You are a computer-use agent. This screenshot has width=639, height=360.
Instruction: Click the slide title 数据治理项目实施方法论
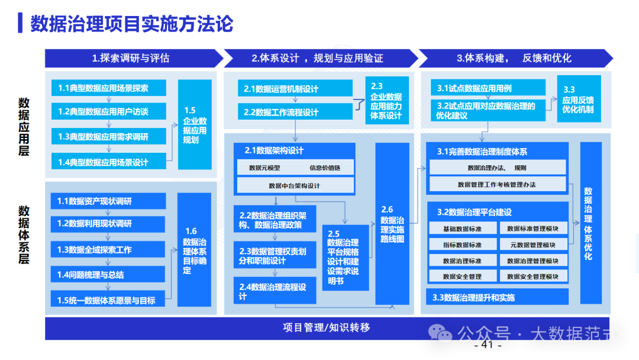point(131,24)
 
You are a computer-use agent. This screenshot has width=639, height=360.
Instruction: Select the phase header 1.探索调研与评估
point(131,58)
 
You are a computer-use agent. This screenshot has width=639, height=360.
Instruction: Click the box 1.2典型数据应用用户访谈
point(109,112)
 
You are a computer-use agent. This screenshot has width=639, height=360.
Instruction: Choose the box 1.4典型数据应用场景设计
point(109,162)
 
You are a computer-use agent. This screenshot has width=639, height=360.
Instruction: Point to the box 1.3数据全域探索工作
point(108,250)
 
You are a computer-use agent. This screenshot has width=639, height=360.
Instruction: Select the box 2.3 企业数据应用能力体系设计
point(386,101)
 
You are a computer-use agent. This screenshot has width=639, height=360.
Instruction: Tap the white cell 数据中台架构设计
point(294,186)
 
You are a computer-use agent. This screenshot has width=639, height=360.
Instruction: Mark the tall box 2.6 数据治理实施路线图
point(392,224)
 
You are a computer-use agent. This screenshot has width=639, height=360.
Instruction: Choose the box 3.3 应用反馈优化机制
point(578,99)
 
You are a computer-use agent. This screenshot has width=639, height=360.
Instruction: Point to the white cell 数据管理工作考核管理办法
point(497,185)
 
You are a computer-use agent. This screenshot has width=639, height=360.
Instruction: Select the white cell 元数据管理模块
point(533,245)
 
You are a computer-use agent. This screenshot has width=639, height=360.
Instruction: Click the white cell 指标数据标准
point(462,245)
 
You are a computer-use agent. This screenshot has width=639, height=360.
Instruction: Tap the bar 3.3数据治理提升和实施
point(497,297)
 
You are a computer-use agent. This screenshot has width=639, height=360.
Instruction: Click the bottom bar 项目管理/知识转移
point(327,327)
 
